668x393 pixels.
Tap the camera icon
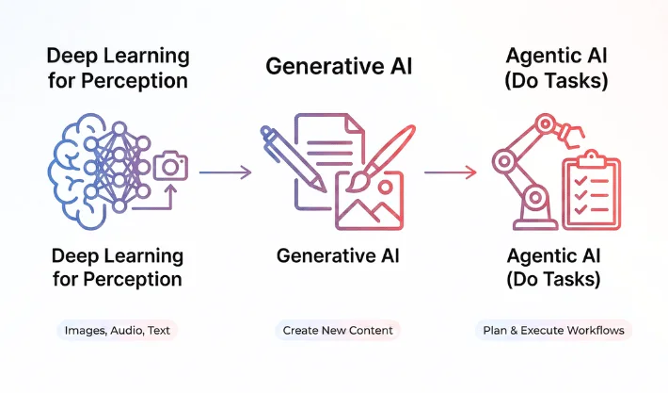tap(170, 166)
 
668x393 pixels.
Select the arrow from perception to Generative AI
tap(226, 172)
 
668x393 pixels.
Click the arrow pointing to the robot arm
tap(452, 172)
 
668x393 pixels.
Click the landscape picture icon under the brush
tap(368, 199)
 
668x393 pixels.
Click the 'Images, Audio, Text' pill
tap(117, 331)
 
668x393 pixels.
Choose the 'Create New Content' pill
tap(338, 331)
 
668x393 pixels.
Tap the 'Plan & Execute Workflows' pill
tap(553, 331)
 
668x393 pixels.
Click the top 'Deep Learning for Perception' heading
tap(117, 68)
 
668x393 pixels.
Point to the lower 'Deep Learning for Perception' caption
tap(117, 267)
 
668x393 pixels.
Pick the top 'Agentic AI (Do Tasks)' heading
tap(556, 68)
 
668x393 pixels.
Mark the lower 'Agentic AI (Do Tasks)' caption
tap(554, 267)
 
